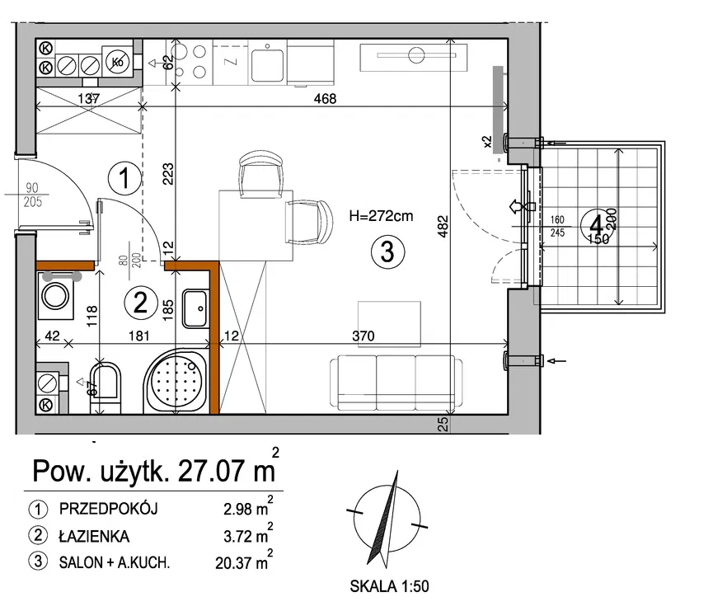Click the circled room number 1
pos(124,178)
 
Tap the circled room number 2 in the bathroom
pos(140,302)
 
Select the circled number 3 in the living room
pos(387,251)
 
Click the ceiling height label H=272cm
pos(381,216)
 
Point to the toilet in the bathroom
pos(106,388)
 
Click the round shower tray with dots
pos(176,380)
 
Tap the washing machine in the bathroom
pos(55,296)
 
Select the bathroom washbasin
pos(195,309)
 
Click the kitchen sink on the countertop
pos(267,64)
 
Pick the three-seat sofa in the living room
pos(396,383)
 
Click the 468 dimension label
pos(325,98)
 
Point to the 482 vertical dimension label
pos(443,226)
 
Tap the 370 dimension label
pos(364,336)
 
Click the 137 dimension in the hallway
pos(89,98)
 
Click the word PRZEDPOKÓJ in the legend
pos(108,509)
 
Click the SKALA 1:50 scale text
pos(389,586)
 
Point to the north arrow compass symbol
pos(387,519)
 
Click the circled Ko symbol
pos(118,61)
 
